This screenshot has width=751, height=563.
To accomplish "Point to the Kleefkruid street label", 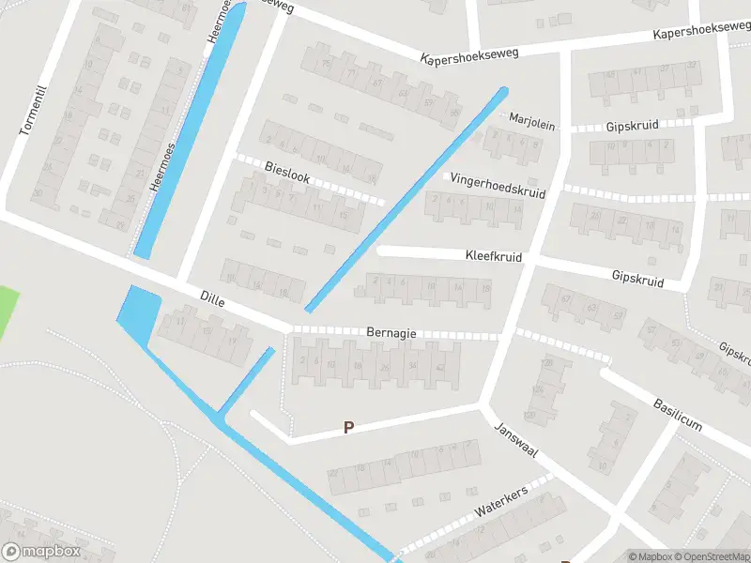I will (494, 255).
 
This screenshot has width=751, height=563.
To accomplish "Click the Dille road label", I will (212, 298).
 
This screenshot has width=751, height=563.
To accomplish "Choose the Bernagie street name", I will (392, 333).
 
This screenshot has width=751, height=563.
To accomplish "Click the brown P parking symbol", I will (348, 428).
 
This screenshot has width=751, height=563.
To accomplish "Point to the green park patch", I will (8, 310).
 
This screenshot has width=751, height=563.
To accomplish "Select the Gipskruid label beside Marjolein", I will (632, 125).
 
